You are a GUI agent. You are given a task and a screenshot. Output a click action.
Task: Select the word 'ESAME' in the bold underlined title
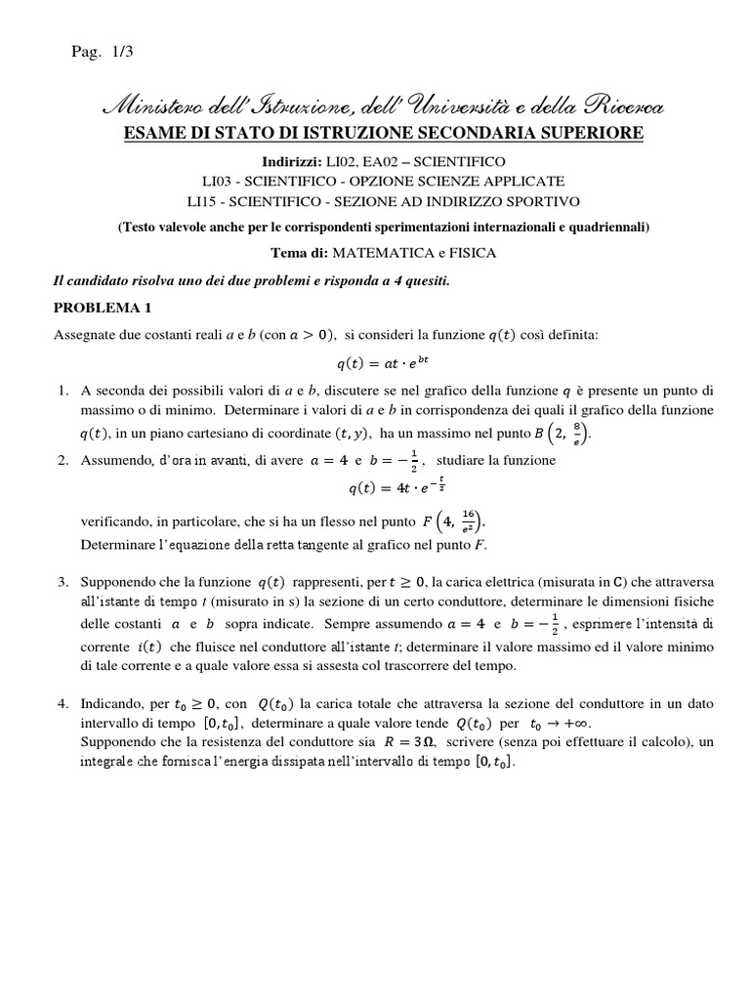click(x=151, y=132)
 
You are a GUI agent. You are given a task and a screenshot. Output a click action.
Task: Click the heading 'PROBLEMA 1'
click(x=103, y=308)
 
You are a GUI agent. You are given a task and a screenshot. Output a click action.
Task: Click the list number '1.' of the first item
click(x=62, y=391)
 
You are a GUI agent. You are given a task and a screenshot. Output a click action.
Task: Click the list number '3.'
click(x=62, y=582)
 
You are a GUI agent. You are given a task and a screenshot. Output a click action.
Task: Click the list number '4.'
click(x=62, y=703)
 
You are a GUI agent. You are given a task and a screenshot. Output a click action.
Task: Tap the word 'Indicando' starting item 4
click(x=111, y=703)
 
